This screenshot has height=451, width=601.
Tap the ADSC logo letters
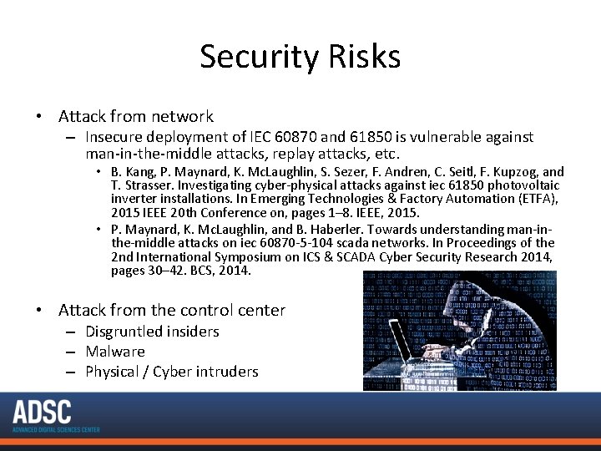[x=42, y=412]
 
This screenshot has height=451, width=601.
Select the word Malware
[x=115, y=352]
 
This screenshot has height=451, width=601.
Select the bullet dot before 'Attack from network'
[x=39, y=117]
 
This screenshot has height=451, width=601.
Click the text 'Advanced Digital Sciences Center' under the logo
[x=56, y=429]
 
